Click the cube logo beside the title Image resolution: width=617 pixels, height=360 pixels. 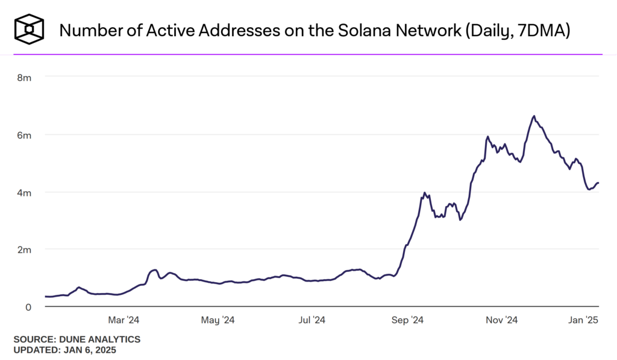(30, 30)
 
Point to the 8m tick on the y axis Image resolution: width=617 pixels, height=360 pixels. (23, 77)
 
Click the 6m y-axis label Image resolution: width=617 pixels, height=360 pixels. (23, 135)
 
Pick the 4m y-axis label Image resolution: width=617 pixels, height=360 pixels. (23, 192)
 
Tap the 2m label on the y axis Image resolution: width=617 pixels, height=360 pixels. (23, 250)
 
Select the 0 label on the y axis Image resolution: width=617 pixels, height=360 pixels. (28, 307)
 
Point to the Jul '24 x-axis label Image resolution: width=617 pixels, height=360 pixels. (312, 320)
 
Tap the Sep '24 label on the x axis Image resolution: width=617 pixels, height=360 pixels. (409, 320)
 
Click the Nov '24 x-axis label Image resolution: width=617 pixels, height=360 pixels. (501, 320)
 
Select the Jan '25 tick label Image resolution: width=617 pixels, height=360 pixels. (583, 320)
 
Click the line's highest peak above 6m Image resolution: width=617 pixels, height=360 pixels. (534, 116)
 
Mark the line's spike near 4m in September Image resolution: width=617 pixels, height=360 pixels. (425, 193)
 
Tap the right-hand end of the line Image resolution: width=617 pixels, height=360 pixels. (598, 183)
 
